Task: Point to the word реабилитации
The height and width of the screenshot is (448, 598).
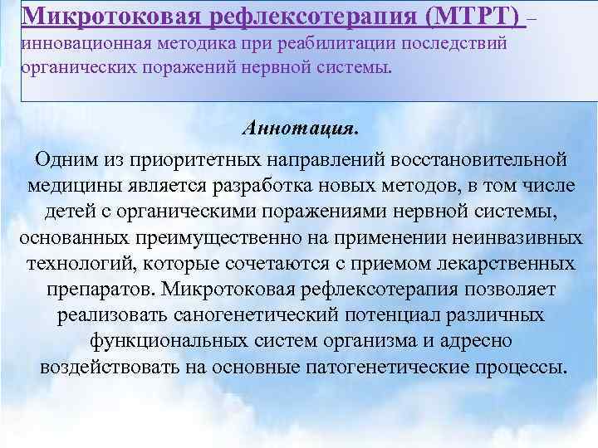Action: point(302,42)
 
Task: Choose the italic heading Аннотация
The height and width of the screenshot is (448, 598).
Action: point(300,129)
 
